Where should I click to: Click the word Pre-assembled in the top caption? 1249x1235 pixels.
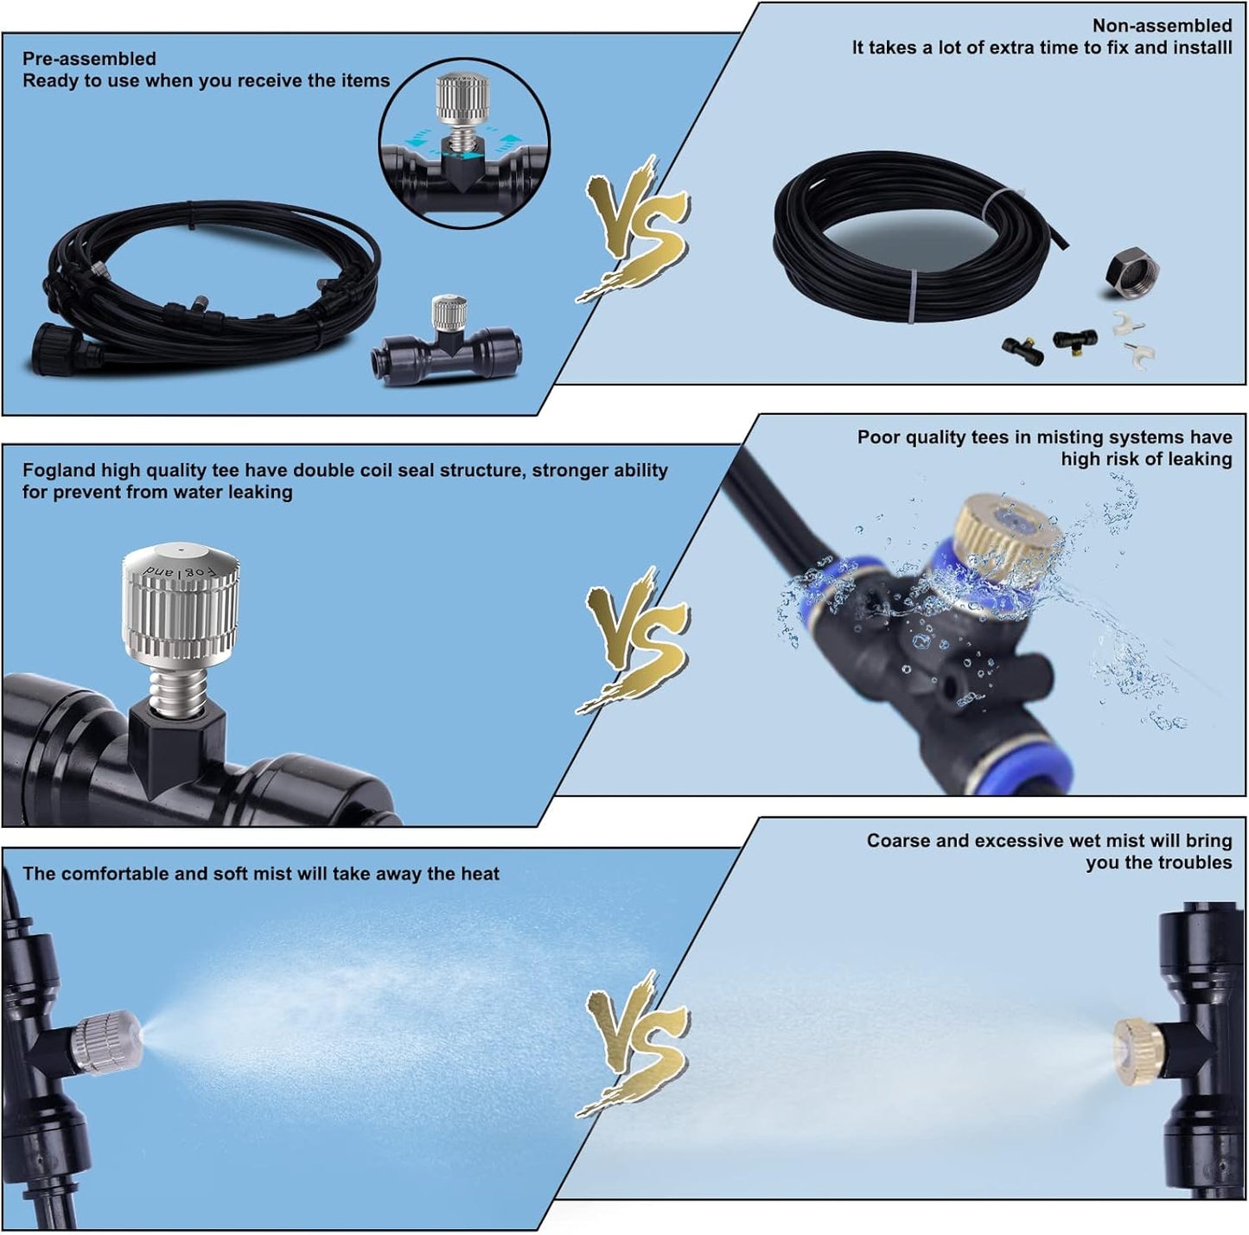point(89,59)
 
